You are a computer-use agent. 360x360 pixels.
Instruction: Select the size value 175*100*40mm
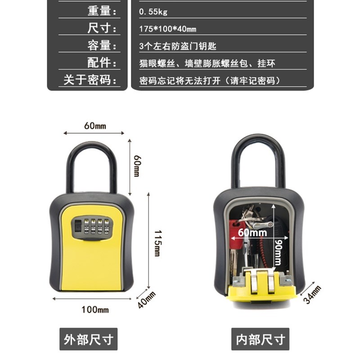point(168,29)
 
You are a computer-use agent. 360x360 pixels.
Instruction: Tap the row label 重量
point(102,11)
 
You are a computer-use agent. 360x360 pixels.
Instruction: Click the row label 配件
point(102,63)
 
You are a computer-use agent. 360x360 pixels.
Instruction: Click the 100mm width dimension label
point(95,310)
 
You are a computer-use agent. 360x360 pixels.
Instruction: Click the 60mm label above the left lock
point(95,126)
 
